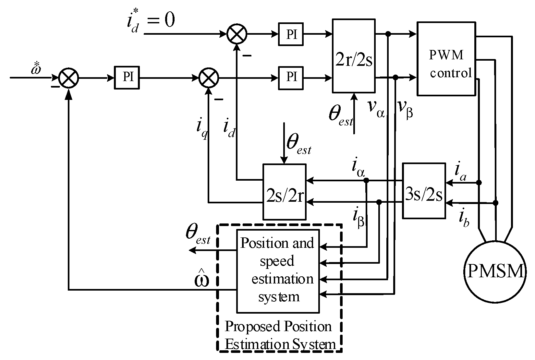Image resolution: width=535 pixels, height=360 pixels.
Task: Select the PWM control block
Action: click(447, 59)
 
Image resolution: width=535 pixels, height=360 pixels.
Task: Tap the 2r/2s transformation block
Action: click(354, 56)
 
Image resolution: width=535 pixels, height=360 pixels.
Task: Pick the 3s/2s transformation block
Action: click(424, 190)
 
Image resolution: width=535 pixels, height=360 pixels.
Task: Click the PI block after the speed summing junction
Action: click(127, 78)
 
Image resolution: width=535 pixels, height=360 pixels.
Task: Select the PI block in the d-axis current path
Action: click(291, 34)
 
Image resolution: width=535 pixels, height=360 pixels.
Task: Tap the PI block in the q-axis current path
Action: click(291, 78)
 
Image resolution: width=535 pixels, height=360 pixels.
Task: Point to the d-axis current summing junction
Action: click(237, 34)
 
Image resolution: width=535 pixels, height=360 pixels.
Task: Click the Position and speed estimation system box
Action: click(278, 271)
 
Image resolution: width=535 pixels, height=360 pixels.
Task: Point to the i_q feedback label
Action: click(201, 128)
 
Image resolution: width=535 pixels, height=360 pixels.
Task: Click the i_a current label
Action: click(461, 172)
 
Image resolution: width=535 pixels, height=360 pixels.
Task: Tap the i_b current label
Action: click(464, 219)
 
